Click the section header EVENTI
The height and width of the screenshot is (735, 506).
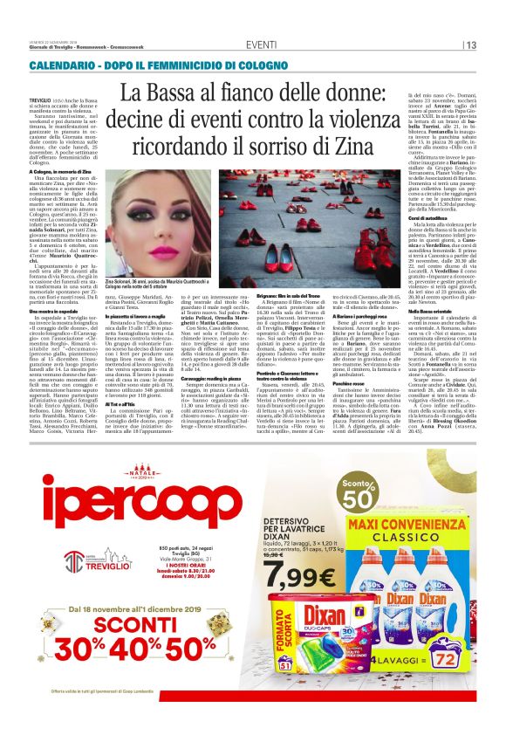(x=261, y=45)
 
